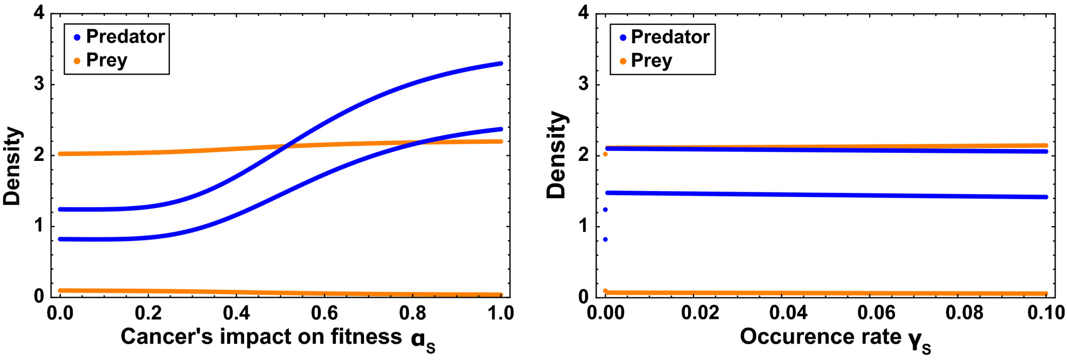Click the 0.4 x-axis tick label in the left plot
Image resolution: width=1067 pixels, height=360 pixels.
click(x=236, y=313)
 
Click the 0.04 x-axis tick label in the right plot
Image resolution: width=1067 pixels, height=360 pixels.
click(x=788, y=313)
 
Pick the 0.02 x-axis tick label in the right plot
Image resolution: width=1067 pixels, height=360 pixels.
click(x=700, y=313)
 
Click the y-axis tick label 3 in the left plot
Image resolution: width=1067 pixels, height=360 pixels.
click(x=39, y=84)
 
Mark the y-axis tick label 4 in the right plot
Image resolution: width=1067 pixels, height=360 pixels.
click(x=583, y=13)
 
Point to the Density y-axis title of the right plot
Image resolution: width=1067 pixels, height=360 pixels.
click(x=557, y=155)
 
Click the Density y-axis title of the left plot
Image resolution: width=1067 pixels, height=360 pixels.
click(x=13, y=166)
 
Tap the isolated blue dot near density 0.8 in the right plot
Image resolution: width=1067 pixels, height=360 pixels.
click(x=605, y=240)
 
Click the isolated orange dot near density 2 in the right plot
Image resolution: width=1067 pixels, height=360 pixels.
click(x=605, y=154)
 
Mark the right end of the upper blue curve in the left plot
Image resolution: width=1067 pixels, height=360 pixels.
click(x=500, y=64)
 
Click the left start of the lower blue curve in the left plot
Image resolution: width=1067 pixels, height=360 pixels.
click(x=61, y=239)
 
